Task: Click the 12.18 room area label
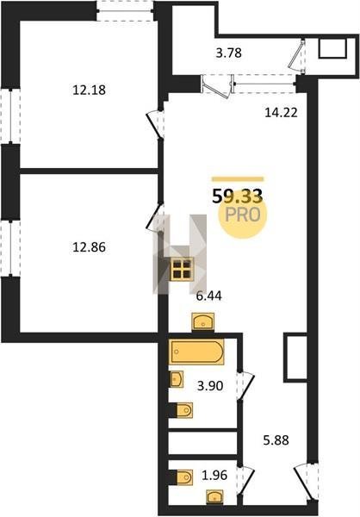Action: pyautogui.click(x=89, y=90)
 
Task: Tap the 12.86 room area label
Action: pyautogui.click(x=89, y=247)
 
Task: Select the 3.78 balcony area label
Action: pyautogui.click(x=229, y=53)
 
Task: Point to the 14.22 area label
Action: pyautogui.click(x=282, y=113)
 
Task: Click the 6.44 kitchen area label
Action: pyautogui.click(x=208, y=296)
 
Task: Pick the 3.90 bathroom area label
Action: pyautogui.click(x=210, y=385)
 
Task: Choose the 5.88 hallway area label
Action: pyautogui.click(x=276, y=440)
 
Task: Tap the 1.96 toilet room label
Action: pyautogui.click(x=214, y=475)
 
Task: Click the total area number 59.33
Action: pyautogui.click(x=238, y=196)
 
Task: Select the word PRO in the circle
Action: pyautogui.click(x=243, y=215)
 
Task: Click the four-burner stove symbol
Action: pyautogui.click(x=182, y=269)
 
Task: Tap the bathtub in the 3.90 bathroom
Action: pyautogui.click(x=197, y=352)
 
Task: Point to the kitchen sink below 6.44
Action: pyautogui.click(x=203, y=322)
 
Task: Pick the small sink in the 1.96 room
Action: pyautogui.click(x=214, y=496)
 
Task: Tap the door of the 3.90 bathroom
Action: pyautogui.click(x=246, y=386)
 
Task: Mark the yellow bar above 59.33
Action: pyautogui.click(x=238, y=179)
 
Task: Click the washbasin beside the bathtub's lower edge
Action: pyautogui.click(x=177, y=379)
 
